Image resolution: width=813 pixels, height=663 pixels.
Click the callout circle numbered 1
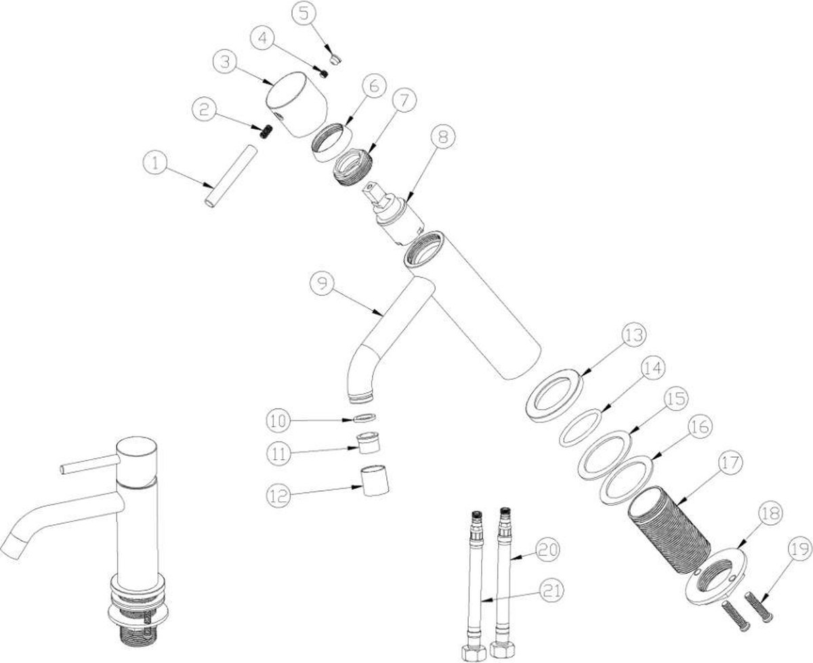[155, 163]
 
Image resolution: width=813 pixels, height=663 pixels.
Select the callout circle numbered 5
[304, 14]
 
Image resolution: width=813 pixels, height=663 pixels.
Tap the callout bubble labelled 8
[442, 136]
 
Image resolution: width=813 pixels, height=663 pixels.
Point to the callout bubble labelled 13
[634, 335]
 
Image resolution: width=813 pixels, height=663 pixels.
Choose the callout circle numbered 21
[551, 590]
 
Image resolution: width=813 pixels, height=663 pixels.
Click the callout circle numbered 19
[799, 549]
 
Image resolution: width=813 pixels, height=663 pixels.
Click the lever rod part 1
[231, 176]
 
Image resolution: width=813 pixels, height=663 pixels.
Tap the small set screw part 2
[266, 133]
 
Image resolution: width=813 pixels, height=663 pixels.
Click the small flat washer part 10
[364, 418]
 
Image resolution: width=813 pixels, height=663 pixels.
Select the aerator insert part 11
[369, 443]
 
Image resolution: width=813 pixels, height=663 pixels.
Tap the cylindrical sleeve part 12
[375, 480]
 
